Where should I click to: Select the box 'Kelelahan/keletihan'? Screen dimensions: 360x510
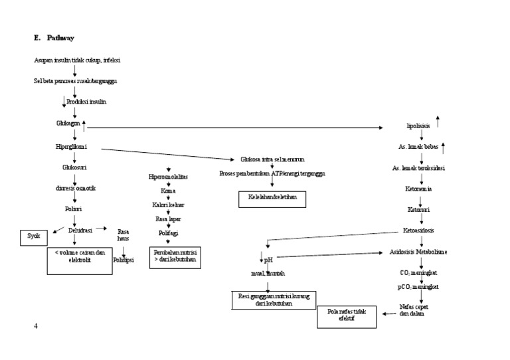[x=273, y=198]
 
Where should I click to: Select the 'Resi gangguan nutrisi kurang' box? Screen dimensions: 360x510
[x=273, y=300]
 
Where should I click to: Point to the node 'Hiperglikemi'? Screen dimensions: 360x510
[x=72, y=145]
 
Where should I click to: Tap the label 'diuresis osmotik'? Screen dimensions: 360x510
[x=76, y=188]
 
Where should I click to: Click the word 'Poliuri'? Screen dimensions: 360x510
[x=73, y=209]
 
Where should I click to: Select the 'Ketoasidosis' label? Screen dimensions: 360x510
[x=420, y=230]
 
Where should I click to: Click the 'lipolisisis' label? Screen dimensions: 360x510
[x=418, y=126]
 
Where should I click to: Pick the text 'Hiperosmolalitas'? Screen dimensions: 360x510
[x=169, y=178]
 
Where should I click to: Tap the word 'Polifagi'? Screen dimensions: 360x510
[x=168, y=233]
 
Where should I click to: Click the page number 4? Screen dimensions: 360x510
[x=36, y=325]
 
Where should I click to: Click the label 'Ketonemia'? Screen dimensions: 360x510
[x=419, y=189]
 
